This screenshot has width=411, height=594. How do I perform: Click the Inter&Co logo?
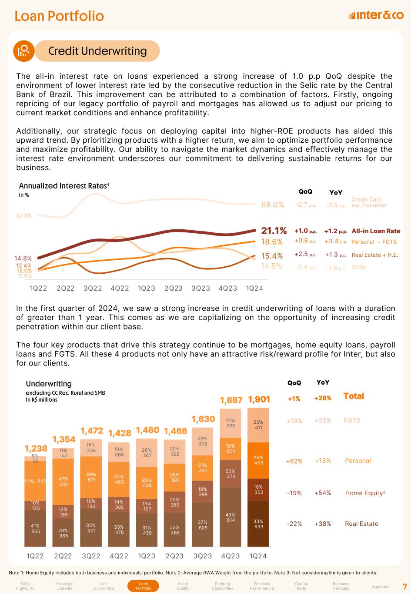click(376, 16)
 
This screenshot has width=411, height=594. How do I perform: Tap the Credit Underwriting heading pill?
click(97, 51)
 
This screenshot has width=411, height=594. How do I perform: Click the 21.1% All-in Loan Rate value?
click(274, 231)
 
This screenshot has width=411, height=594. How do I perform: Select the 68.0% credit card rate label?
click(272, 205)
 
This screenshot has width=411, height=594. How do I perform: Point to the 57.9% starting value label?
click(24, 215)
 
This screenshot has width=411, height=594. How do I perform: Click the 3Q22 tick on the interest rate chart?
click(92, 288)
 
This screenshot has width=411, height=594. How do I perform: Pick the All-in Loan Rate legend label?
click(376, 231)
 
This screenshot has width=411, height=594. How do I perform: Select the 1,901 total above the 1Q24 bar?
click(259, 399)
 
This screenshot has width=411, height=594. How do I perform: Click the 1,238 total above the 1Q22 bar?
click(36, 449)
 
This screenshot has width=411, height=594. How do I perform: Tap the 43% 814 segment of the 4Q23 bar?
click(231, 517)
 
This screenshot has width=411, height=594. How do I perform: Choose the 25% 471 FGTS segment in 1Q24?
click(258, 425)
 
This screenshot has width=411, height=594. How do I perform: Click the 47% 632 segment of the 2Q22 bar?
click(63, 480)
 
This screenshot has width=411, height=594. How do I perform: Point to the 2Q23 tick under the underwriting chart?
click(174, 556)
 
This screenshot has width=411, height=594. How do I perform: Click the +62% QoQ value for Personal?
click(294, 461)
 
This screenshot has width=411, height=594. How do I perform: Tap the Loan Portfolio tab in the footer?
click(144, 586)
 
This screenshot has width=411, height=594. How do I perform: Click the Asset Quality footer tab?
click(183, 586)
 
